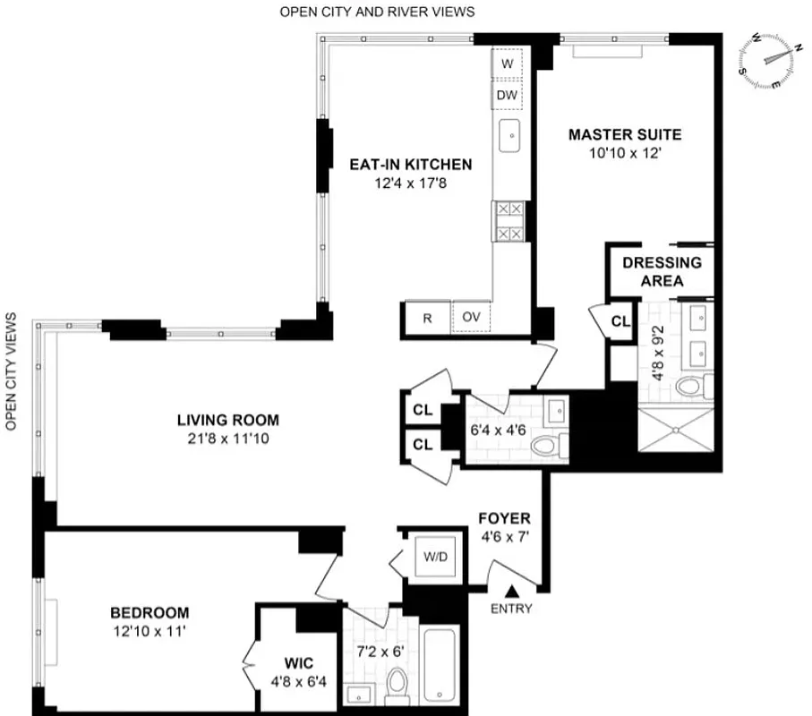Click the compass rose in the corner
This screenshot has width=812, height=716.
coord(772,62)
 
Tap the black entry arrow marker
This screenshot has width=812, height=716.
coord(513,591)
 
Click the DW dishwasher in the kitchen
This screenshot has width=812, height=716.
coord(508,95)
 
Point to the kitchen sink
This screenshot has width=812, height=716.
coord(511,137)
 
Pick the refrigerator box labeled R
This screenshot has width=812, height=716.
coord(426,318)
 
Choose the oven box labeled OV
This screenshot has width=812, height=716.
coord(471,318)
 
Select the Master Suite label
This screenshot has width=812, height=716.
coord(625,135)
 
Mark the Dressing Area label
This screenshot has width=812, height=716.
coord(662,271)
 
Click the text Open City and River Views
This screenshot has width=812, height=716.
coord(377,12)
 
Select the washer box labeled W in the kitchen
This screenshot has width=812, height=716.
coord(508,64)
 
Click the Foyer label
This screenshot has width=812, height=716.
coord(504,518)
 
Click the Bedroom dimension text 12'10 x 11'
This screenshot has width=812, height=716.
coord(150,631)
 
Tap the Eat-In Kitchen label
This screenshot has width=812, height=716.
coord(411,165)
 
